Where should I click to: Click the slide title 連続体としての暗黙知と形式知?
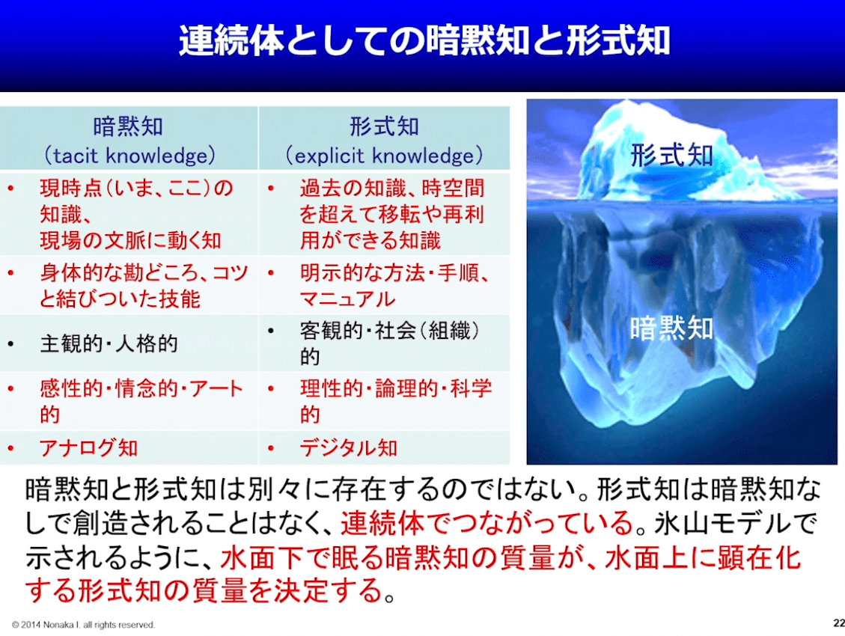pos(424,40)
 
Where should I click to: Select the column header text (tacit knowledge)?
pos(129,156)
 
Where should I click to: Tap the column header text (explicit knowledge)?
pos(384,156)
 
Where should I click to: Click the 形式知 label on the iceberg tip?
pos(671,155)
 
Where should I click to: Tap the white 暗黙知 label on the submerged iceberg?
pos(671,328)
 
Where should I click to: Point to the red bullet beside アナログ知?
pos(10,448)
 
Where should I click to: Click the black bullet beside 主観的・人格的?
pos(10,344)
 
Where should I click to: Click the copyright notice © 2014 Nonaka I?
pos(84,625)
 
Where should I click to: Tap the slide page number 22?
pos(838,623)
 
